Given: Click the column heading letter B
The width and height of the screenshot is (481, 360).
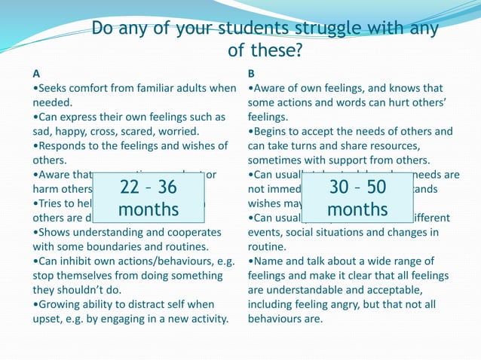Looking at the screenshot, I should [x=252, y=74].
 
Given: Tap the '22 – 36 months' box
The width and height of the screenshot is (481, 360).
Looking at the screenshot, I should [x=149, y=197].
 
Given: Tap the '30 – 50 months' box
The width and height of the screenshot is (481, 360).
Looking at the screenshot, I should [x=357, y=197].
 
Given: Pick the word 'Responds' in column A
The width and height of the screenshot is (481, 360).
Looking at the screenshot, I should [x=66, y=145].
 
